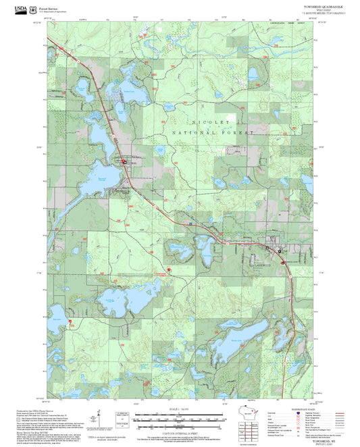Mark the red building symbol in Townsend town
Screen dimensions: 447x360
[x=124, y=161]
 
